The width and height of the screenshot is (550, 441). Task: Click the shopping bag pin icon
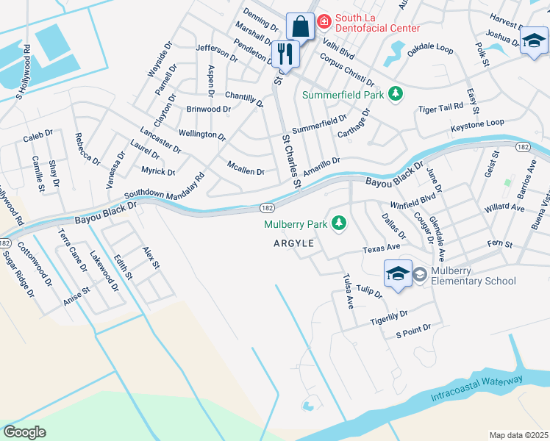click(x=300, y=27)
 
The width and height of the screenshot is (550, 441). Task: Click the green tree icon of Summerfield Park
click(x=396, y=94)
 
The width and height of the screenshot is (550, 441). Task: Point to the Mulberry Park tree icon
click(x=339, y=222)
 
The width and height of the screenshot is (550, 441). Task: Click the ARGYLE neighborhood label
click(x=294, y=243)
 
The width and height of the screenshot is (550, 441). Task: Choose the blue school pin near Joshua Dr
click(x=534, y=40)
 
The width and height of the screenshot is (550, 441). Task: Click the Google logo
click(x=25, y=431)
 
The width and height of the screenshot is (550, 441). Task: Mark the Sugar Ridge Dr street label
click(x=18, y=273)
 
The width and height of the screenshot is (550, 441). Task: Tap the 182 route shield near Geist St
click(x=523, y=147)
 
